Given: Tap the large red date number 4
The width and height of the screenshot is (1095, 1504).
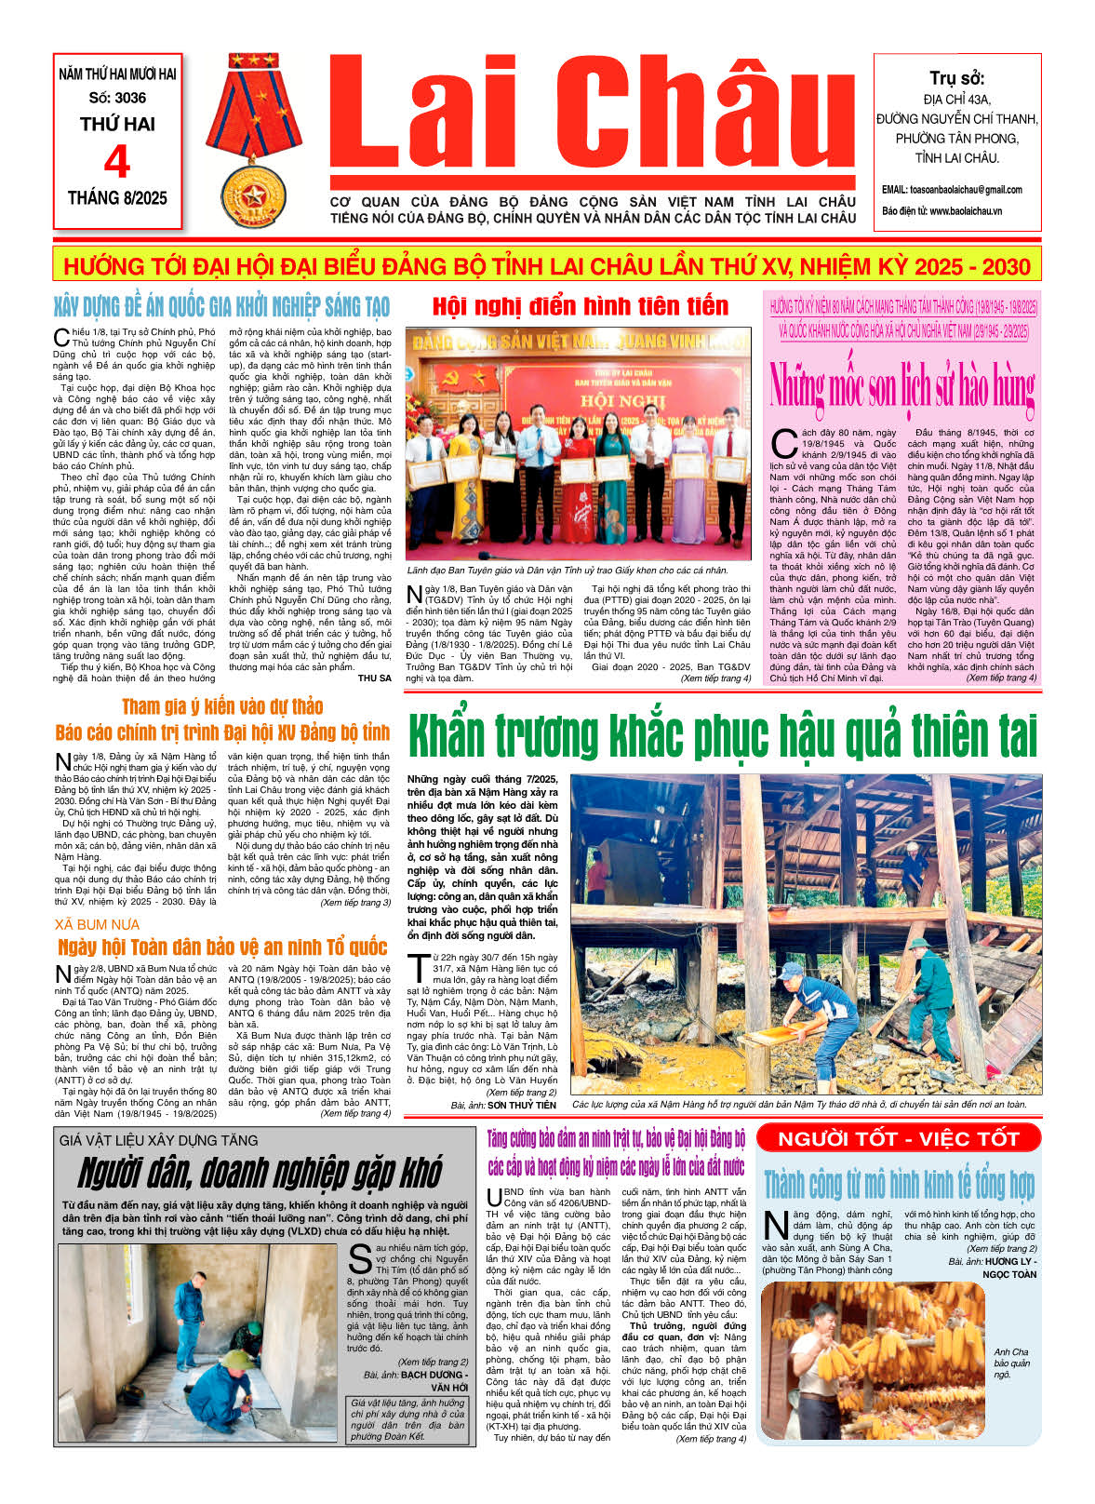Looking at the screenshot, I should coord(117,163).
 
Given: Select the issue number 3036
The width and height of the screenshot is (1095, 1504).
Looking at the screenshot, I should coord(117,98).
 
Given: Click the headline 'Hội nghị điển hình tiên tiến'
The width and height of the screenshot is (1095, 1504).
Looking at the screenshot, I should coord(580,306).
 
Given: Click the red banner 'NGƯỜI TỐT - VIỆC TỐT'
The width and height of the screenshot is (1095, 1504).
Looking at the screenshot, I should coord(898,1138).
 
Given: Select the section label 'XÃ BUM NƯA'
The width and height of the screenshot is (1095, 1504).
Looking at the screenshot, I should coord(97,924).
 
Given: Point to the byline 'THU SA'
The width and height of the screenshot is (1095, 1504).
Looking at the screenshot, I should coord(374,678).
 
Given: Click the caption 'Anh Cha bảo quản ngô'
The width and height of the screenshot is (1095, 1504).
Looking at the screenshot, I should coord(1010,1363).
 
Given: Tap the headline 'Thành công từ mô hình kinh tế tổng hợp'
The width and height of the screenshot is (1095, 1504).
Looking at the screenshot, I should coord(898,1185).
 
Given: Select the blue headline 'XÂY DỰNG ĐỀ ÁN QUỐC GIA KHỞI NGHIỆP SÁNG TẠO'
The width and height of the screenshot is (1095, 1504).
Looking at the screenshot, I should coord(221,306).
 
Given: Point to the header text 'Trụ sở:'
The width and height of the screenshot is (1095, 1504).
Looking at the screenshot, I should coord(956,78).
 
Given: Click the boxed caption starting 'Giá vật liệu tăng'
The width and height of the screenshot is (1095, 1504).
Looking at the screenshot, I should coord(407,1418).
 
